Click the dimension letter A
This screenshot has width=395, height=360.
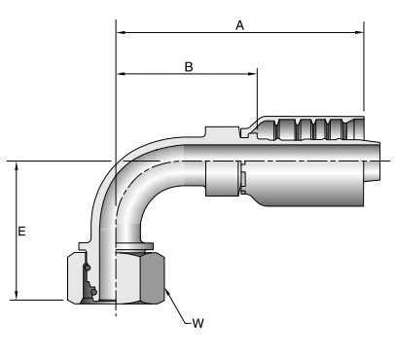click(x=239, y=25)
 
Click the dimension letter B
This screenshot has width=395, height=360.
click(x=189, y=67)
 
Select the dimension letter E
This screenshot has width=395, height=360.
click(x=21, y=232)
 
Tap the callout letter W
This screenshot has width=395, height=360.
click(x=197, y=323)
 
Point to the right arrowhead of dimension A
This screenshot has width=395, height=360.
click(x=360, y=32)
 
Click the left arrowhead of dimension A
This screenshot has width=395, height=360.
click(x=121, y=32)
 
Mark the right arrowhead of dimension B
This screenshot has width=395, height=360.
click(x=253, y=74)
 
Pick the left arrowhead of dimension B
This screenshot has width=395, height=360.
click(x=121, y=74)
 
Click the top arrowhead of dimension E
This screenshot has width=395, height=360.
click(x=17, y=165)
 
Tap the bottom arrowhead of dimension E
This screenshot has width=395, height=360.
click(x=17, y=296)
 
